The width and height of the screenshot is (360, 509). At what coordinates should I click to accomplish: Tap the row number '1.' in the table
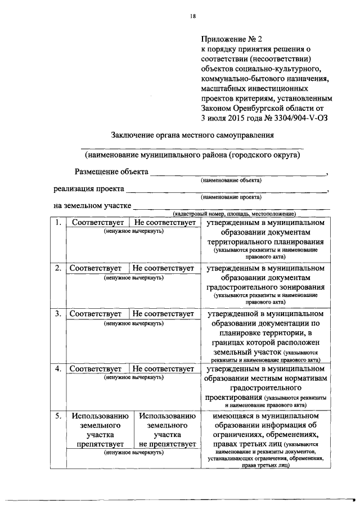pos(57,223)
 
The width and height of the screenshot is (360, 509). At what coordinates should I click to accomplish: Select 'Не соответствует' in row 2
pos(164,268)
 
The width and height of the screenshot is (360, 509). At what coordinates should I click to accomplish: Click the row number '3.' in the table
pos(57,313)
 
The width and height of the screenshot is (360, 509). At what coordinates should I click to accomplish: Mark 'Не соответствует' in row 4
pos(164,369)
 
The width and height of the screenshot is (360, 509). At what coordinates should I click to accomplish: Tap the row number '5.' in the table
pos(57,416)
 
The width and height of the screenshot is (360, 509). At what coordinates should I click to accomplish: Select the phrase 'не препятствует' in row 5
pos(167,444)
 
